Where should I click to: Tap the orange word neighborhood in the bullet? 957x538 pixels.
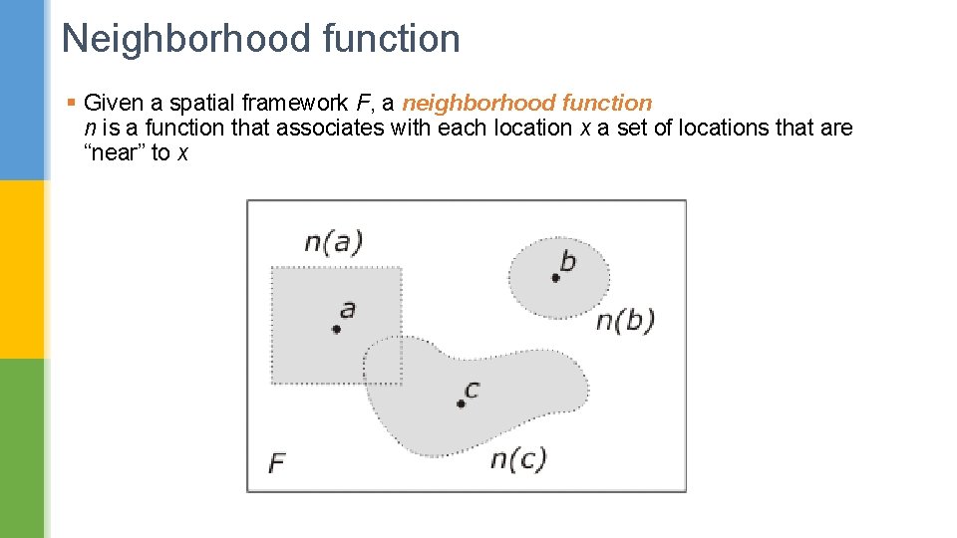(478, 103)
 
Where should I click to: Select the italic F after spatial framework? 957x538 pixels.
(362, 103)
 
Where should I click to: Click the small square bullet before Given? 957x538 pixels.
(70, 103)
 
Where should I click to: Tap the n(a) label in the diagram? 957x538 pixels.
(333, 242)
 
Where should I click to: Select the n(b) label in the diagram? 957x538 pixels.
(625, 321)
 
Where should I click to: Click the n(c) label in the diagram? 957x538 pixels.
(518, 459)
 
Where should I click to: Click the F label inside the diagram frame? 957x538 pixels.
(277, 463)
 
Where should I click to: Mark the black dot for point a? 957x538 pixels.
(337, 329)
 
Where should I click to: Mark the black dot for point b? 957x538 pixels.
(555, 278)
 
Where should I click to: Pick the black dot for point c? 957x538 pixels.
(461, 403)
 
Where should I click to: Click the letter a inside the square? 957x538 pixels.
(347, 309)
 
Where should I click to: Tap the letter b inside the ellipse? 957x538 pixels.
(567, 261)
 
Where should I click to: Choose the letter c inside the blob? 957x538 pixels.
(472, 389)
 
